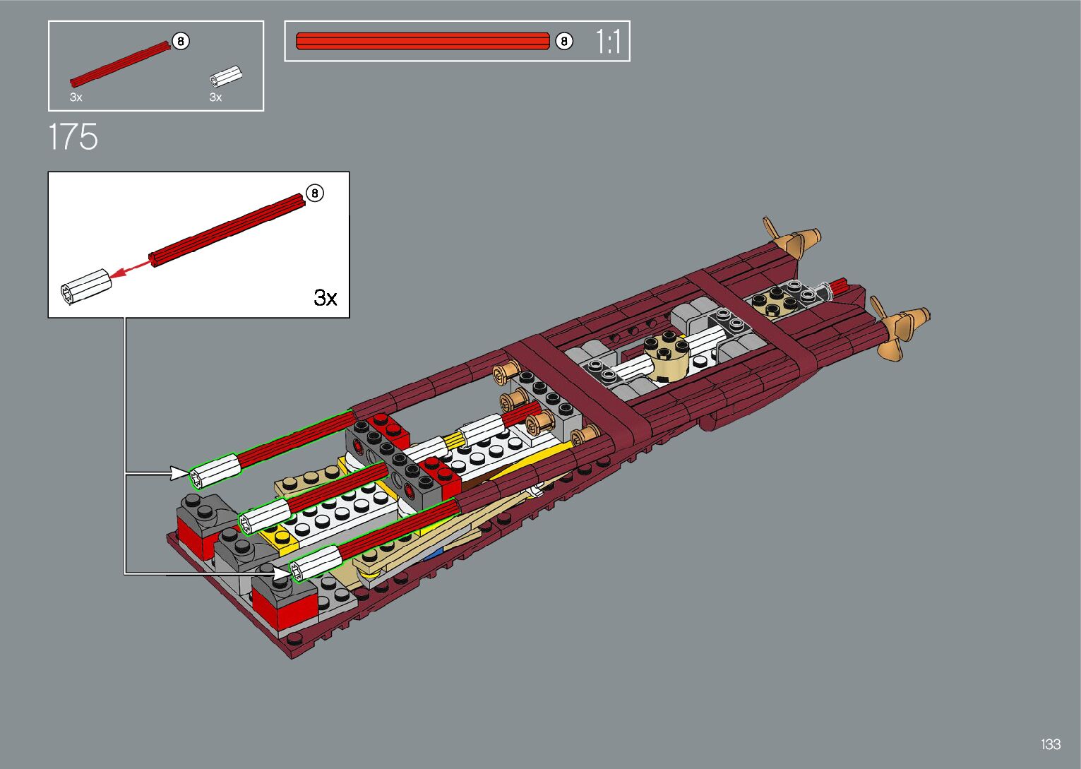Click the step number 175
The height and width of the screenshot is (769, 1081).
[x=73, y=136]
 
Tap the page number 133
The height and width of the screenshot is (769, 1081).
[x=1051, y=744]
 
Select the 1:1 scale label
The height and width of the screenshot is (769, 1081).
[x=608, y=42]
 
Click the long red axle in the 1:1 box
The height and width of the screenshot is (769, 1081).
[x=423, y=41]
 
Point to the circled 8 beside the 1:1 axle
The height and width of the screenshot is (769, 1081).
[x=563, y=41]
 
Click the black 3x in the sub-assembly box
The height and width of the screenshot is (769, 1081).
[x=326, y=297]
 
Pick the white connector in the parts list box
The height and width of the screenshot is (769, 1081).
[x=226, y=77]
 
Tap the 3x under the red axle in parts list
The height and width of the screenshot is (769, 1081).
[x=76, y=97]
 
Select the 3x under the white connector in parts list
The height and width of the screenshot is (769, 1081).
[x=216, y=97]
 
